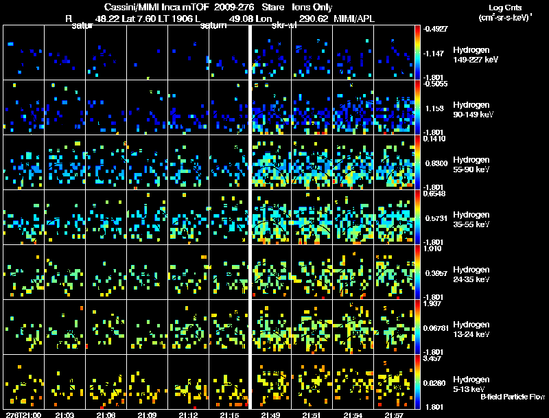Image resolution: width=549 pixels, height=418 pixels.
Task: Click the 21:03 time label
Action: (x=65, y=415)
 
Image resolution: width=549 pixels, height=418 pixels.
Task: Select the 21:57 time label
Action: (x=394, y=415)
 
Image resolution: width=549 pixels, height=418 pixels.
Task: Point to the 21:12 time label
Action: (x=188, y=415)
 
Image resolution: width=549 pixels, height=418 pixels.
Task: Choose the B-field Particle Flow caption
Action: (x=512, y=397)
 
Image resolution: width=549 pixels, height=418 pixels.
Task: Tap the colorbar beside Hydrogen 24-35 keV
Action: (x=418, y=272)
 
